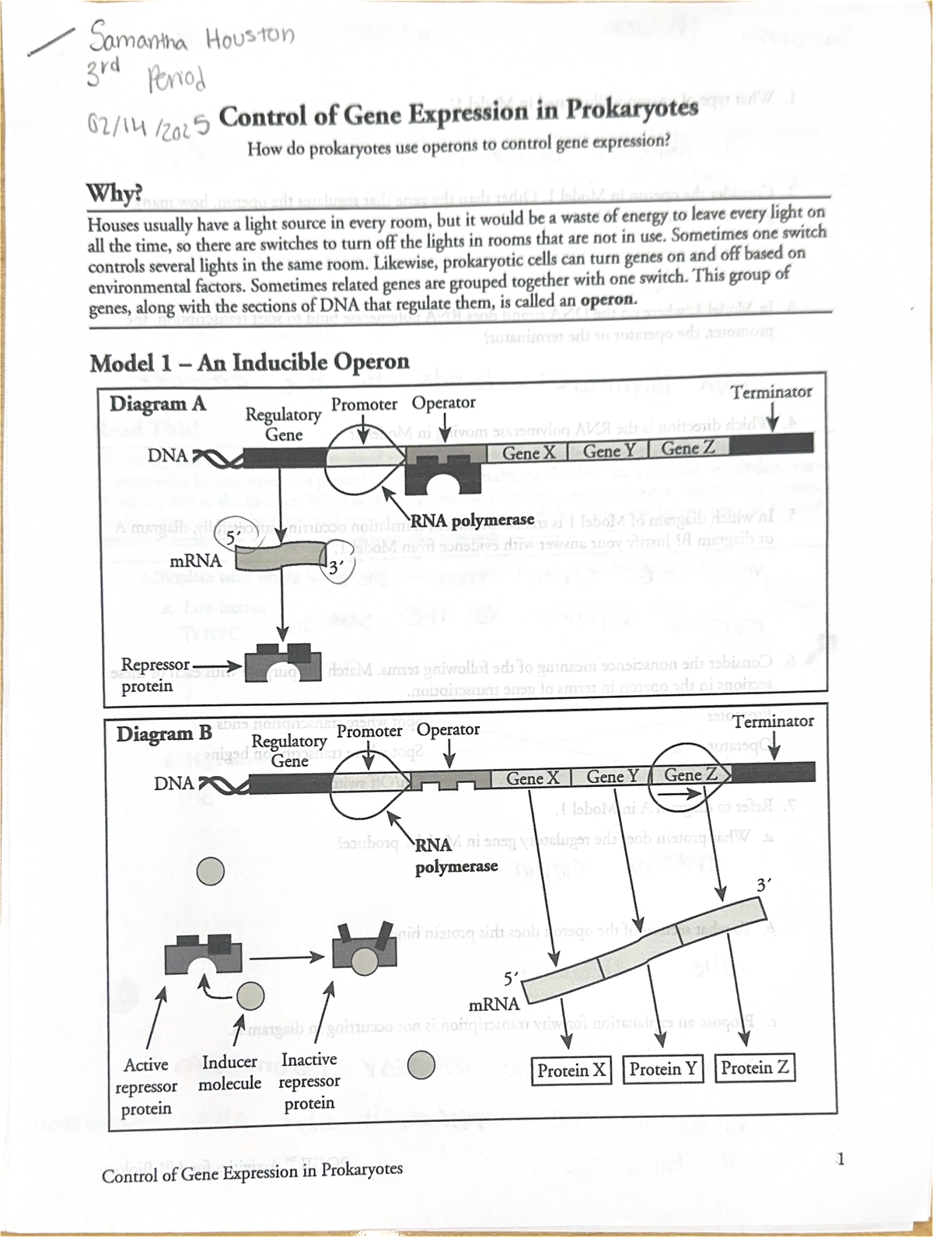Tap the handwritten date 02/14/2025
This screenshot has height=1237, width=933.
(147, 122)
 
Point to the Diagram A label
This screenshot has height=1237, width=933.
(158, 404)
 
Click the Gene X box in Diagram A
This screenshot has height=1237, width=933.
(529, 451)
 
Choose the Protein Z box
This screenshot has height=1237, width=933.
(755, 1068)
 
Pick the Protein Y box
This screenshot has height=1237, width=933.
(662, 1069)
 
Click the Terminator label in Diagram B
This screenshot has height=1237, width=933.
(774, 721)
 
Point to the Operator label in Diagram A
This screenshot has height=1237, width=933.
(443, 403)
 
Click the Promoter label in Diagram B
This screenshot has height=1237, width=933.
(369, 731)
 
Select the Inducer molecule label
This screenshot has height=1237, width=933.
(230, 1072)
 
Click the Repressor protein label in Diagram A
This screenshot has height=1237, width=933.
(155, 675)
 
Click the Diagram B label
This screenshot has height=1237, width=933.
(164, 734)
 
